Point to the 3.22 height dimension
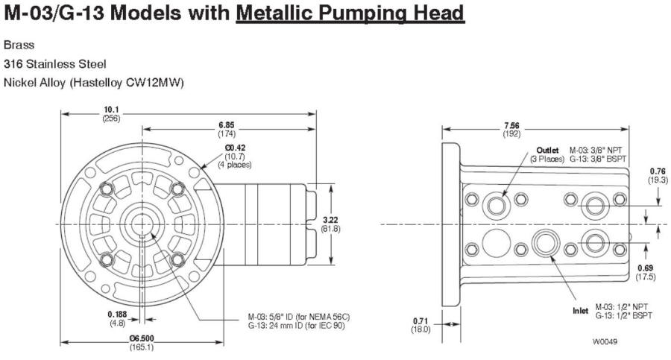[x=330, y=220]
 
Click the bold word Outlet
[x=547, y=150]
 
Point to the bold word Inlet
[x=580, y=310]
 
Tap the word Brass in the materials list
[x=19, y=45]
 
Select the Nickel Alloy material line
[x=93, y=83]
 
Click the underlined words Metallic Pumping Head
[x=350, y=13]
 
